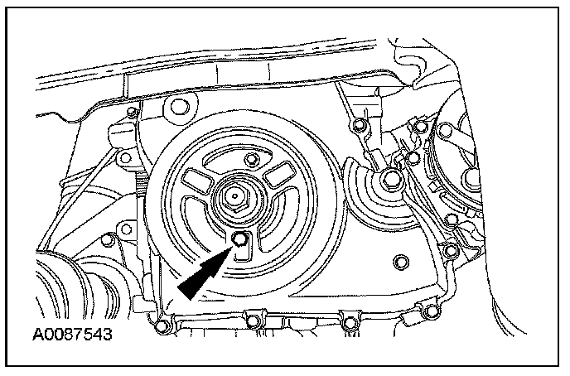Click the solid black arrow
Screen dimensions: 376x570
[x=201, y=274]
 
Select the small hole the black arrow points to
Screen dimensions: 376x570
[x=239, y=240]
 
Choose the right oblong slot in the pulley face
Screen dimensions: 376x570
[x=275, y=176]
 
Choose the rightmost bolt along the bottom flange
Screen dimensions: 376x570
[x=431, y=312]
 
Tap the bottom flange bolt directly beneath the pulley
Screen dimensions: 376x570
[x=252, y=316]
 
